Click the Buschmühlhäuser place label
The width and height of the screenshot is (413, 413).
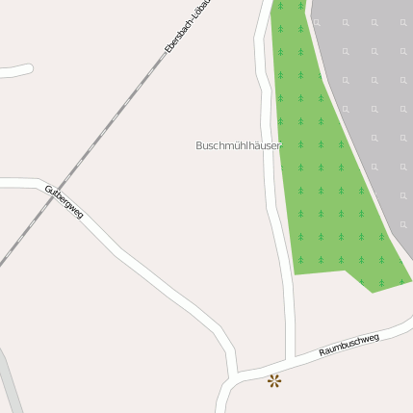coord(238,145)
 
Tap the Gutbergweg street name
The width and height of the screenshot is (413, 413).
coord(64,202)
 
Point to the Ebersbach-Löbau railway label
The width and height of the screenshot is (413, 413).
coord(190,24)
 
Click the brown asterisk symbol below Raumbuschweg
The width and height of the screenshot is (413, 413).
coord(274,380)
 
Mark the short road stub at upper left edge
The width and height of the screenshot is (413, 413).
coord(14,70)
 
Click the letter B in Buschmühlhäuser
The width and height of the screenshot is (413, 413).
coord(199,145)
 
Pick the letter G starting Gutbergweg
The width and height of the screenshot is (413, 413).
coord(48,190)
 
